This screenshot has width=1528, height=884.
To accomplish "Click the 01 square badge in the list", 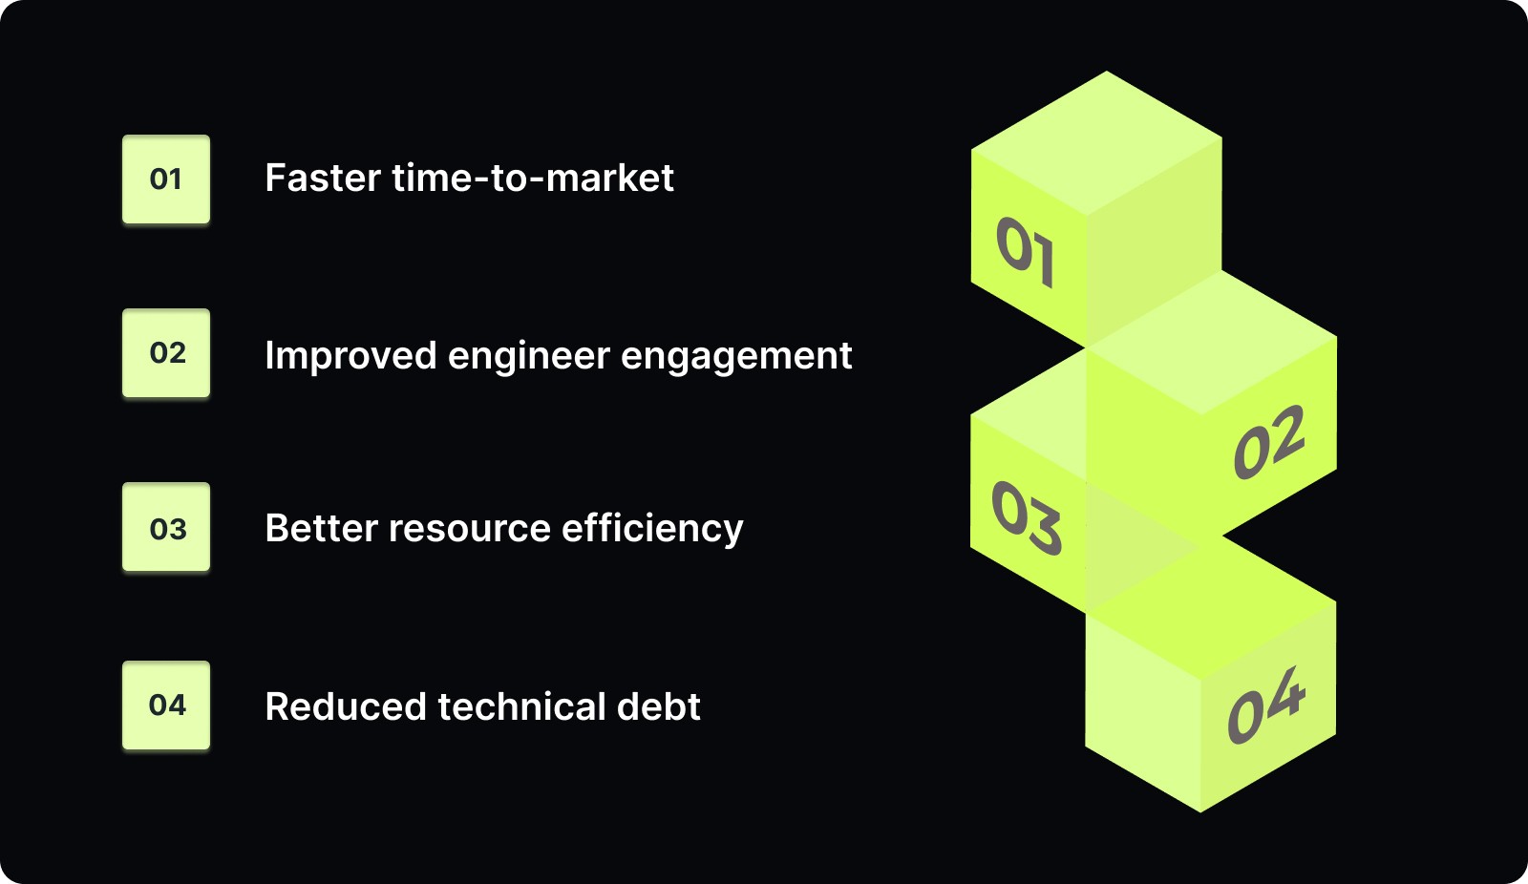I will [166, 179].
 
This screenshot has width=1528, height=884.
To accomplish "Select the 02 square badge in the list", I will [166, 353].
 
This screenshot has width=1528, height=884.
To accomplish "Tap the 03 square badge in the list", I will [166, 528].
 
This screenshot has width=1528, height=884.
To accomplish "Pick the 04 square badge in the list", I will [166, 705].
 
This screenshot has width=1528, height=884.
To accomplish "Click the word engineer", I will [529, 356].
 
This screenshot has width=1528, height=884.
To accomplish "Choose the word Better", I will [320, 529].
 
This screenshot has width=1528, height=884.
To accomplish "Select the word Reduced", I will [345, 707].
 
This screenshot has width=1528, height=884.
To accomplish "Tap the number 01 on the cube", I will [1026, 251].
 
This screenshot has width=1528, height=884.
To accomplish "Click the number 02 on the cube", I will [1269, 442].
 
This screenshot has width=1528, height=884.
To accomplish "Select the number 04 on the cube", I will [1266, 705].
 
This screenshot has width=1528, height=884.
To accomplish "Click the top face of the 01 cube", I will [1097, 143].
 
